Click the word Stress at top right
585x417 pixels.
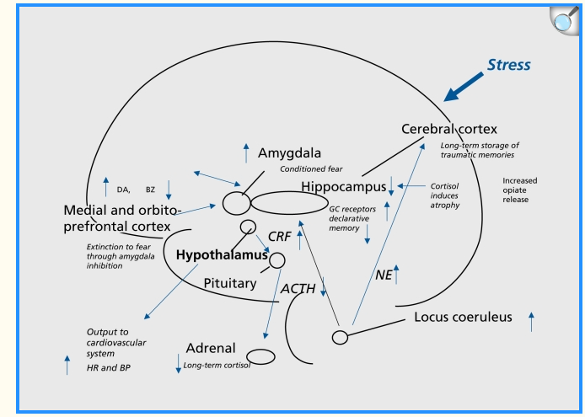pyautogui.click(x=509, y=65)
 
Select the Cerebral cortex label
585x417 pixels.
pyautogui.click(x=449, y=129)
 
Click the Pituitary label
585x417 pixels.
pyautogui.click(x=230, y=283)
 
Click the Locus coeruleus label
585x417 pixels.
pyautogui.click(x=463, y=318)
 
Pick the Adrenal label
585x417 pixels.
pyautogui.click(x=211, y=348)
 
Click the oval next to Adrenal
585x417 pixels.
pyautogui.click(x=260, y=357)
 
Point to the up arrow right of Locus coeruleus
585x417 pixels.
pyautogui.click(x=531, y=322)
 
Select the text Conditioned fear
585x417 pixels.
pyautogui.click(x=311, y=169)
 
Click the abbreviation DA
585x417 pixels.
pyautogui.click(x=123, y=190)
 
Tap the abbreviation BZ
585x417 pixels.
pyautogui.click(x=150, y=190)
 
